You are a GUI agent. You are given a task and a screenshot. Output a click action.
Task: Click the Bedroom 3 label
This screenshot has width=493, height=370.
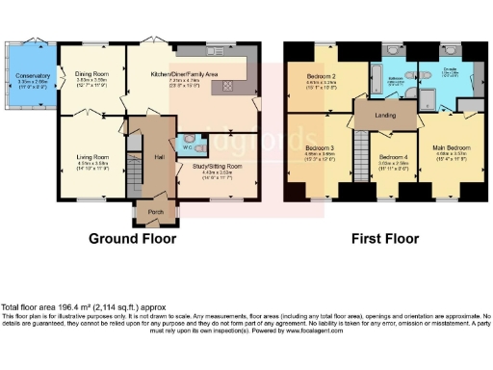coord(320,149)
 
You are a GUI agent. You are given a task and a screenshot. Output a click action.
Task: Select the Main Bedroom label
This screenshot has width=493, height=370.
coord(450,149)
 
